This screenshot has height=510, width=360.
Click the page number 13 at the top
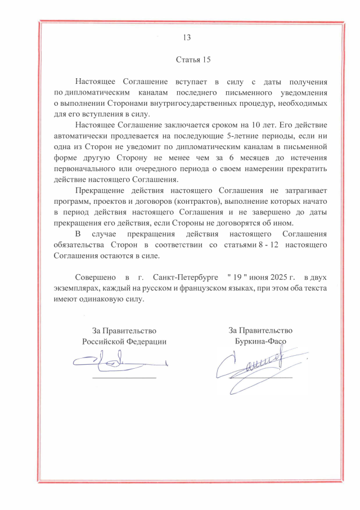pyautogui.click(x=187, y=38)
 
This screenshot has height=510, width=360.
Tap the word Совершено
pyautogui.click(x=96, y=278)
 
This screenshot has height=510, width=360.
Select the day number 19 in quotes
pyautogui.click(x=237, y=278)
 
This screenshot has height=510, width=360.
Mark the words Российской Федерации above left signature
pyautogui.click(x=124, y=341)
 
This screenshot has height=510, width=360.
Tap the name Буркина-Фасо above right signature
pyautogui.click(x=260, y=341)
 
